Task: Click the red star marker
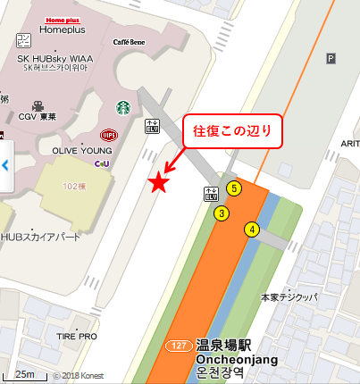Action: pyautogui.click(x=158, y=183)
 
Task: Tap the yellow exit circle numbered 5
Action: pyautogui.click(x=234, y=188)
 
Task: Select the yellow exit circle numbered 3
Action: pyautogui.click(x=221, y=213)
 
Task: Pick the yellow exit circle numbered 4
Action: pyautogui.click(x=253, y=230)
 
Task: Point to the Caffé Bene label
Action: pyautogui.click(x=130, y=42)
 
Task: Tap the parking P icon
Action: pyautogui.click(x=331, y=59)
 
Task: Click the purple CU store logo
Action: pyautogui.click(x=104, y=163)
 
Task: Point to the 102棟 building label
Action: pyautogui.click(x=75, y=187)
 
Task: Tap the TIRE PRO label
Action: pyautogui.click(x=76, y=337)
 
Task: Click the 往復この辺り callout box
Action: pyautogui.click(x=232, y=130)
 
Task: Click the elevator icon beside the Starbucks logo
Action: pyautogui.click(x=152, y=127)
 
